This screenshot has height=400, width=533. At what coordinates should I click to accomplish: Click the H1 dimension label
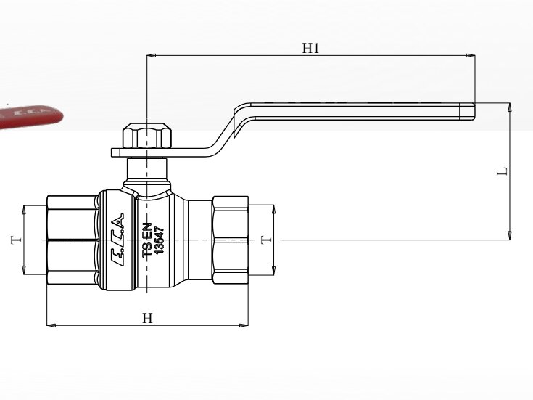pos(310,49)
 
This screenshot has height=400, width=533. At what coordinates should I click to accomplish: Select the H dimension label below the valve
pos(147,318)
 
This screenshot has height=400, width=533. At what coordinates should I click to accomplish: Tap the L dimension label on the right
pos(503,171)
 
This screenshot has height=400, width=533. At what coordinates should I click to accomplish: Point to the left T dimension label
pos(16,240)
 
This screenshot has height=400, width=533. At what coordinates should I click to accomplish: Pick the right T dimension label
pos(266,240)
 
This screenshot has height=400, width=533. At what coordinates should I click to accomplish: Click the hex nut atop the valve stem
pos(147,136)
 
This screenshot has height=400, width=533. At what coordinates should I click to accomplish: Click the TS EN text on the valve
pos(147,240)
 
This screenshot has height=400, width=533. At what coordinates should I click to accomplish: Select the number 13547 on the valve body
pos(159,240)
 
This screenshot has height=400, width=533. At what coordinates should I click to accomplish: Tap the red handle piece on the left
pos(30,117)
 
